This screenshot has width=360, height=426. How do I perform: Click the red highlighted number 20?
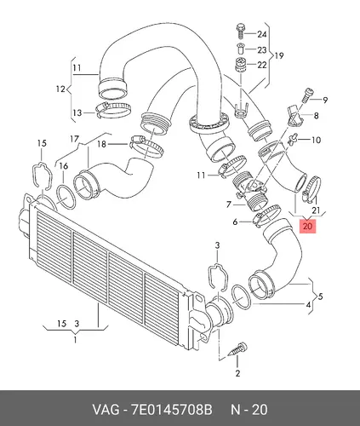coord(308,226)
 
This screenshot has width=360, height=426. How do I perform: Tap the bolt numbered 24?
coord(241,32)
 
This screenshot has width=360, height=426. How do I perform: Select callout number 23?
coord(262,50)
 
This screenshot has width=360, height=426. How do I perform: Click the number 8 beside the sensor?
coord(316,116)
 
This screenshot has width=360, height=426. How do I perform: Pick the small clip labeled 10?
coord(291,139)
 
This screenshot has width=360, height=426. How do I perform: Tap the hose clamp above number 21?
coord(312,189)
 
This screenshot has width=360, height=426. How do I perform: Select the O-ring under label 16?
coord(66,197)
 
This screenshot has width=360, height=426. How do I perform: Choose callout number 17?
coord(74,139)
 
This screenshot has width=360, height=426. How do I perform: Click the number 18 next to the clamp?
coord(101,144)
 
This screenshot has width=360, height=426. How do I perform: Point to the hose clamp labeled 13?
coord(113,110)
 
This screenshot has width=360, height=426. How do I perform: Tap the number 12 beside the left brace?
coord(60,89)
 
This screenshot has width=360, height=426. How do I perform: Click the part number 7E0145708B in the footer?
coord(171,410)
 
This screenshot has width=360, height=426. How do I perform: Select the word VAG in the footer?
coord(106,410)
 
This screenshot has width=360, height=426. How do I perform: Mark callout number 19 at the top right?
coord(279,55)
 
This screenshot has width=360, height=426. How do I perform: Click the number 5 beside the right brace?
coord(320,296)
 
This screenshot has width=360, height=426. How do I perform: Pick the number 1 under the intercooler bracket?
coord(75,340)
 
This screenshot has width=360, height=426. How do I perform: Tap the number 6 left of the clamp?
coord(235,222)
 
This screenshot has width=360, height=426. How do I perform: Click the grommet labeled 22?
coord(240,66)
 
